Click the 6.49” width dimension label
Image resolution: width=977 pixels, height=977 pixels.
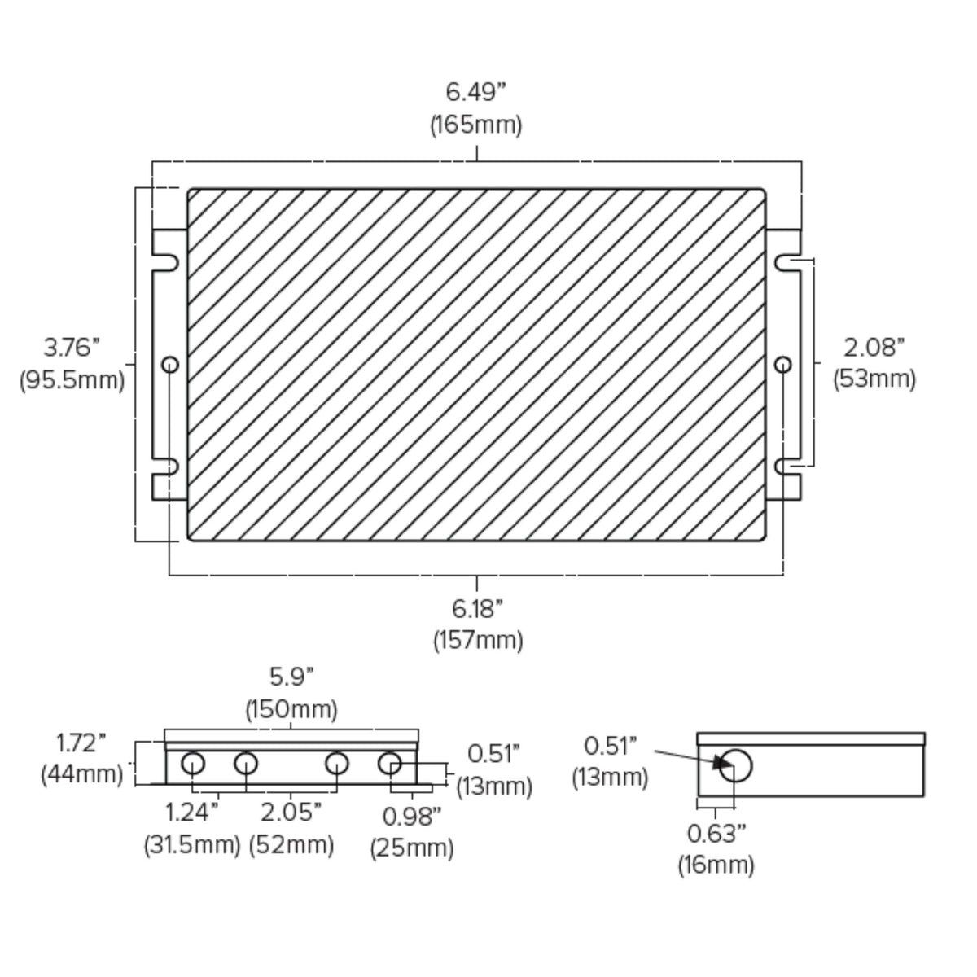pyautogui.click(x=475, y=92)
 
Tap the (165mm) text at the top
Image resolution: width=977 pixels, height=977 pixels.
pyautogui.click(x=475, y=125)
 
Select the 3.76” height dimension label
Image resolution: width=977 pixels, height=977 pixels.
pyautogui.click(x=72, y=348)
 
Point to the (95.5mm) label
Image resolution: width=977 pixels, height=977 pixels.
pyautogui.click(x=72, y=379)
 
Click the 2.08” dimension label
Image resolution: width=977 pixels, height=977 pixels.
pyautogui.click(x=874, y=348)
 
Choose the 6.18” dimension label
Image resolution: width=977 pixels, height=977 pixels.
pyautogui.click(x=477, y=609)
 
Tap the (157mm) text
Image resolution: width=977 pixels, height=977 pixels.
pyautogui.click(x=478, y=641)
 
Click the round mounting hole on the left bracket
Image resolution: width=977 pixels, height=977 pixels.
pyautogui.click(x=170, y=365)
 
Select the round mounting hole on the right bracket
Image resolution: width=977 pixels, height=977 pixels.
pyautogui.click(x=783, y=365)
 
